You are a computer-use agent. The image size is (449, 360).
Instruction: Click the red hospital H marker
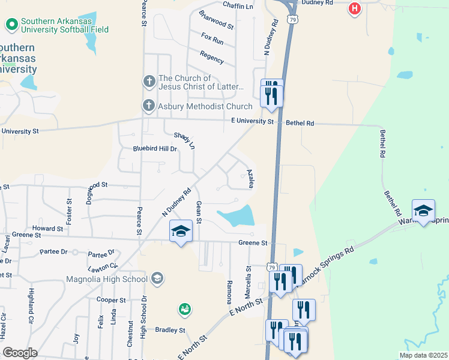click(x=355, y=9)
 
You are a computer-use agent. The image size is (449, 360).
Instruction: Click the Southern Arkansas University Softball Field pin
click(x=11, y=25)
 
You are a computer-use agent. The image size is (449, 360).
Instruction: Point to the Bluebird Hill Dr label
click(x=155, y=149)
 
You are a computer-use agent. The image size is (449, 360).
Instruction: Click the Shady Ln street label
click(x=185, y=141)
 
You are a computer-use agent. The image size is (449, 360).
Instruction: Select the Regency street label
click(x=211, y=58)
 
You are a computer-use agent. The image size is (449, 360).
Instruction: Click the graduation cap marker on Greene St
click(x=181, y=231)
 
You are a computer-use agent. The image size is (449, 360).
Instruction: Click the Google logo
click(x=20, y=352)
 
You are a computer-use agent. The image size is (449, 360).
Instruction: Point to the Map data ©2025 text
click(x=423, y=355)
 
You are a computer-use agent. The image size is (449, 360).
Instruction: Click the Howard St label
click(x=48, y=229)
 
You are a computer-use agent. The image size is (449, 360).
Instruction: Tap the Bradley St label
click(x=170, y=330)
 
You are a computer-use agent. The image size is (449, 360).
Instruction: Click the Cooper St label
click(x=111, y=299)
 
